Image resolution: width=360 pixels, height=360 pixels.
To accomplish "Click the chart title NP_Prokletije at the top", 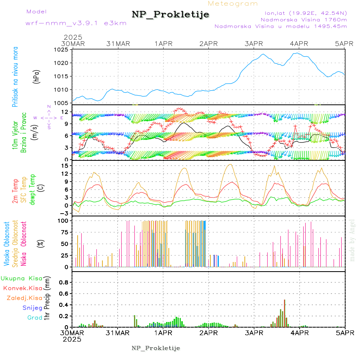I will click(x=170, y=15).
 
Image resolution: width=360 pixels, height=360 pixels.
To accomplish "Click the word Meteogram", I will click(x=233, y=4).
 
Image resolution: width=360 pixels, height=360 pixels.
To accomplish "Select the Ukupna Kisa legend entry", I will click(x=21, y=278).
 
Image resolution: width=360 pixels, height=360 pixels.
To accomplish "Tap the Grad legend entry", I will click(x=34, y=318).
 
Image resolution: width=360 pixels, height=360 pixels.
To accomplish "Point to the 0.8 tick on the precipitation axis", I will click(x=63, y=282).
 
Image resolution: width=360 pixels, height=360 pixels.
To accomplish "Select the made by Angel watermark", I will click(x=352, y=240).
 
